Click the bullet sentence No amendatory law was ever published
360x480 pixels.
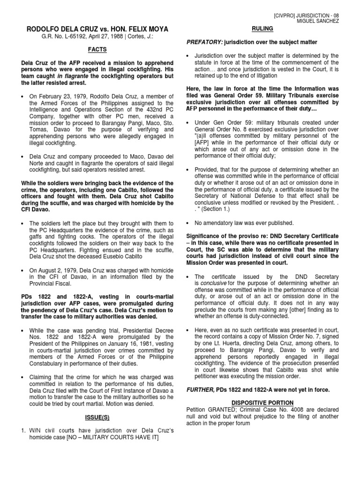[243, 223]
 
